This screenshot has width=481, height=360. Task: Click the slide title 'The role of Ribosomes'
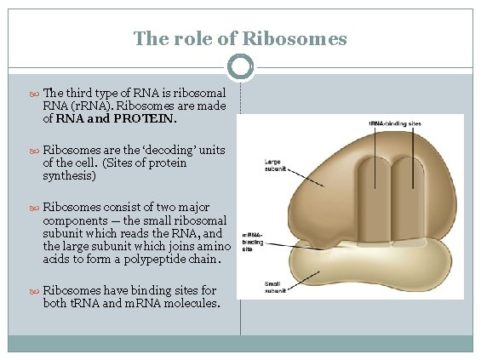(x=240, y=39)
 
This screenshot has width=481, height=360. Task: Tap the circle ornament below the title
(x=241, y=66)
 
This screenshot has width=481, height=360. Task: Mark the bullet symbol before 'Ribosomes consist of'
(x=35, y=207)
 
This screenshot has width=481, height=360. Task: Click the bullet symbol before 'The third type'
(x=35, y=93)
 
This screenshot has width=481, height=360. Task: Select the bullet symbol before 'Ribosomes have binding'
(x=35, y=290)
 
